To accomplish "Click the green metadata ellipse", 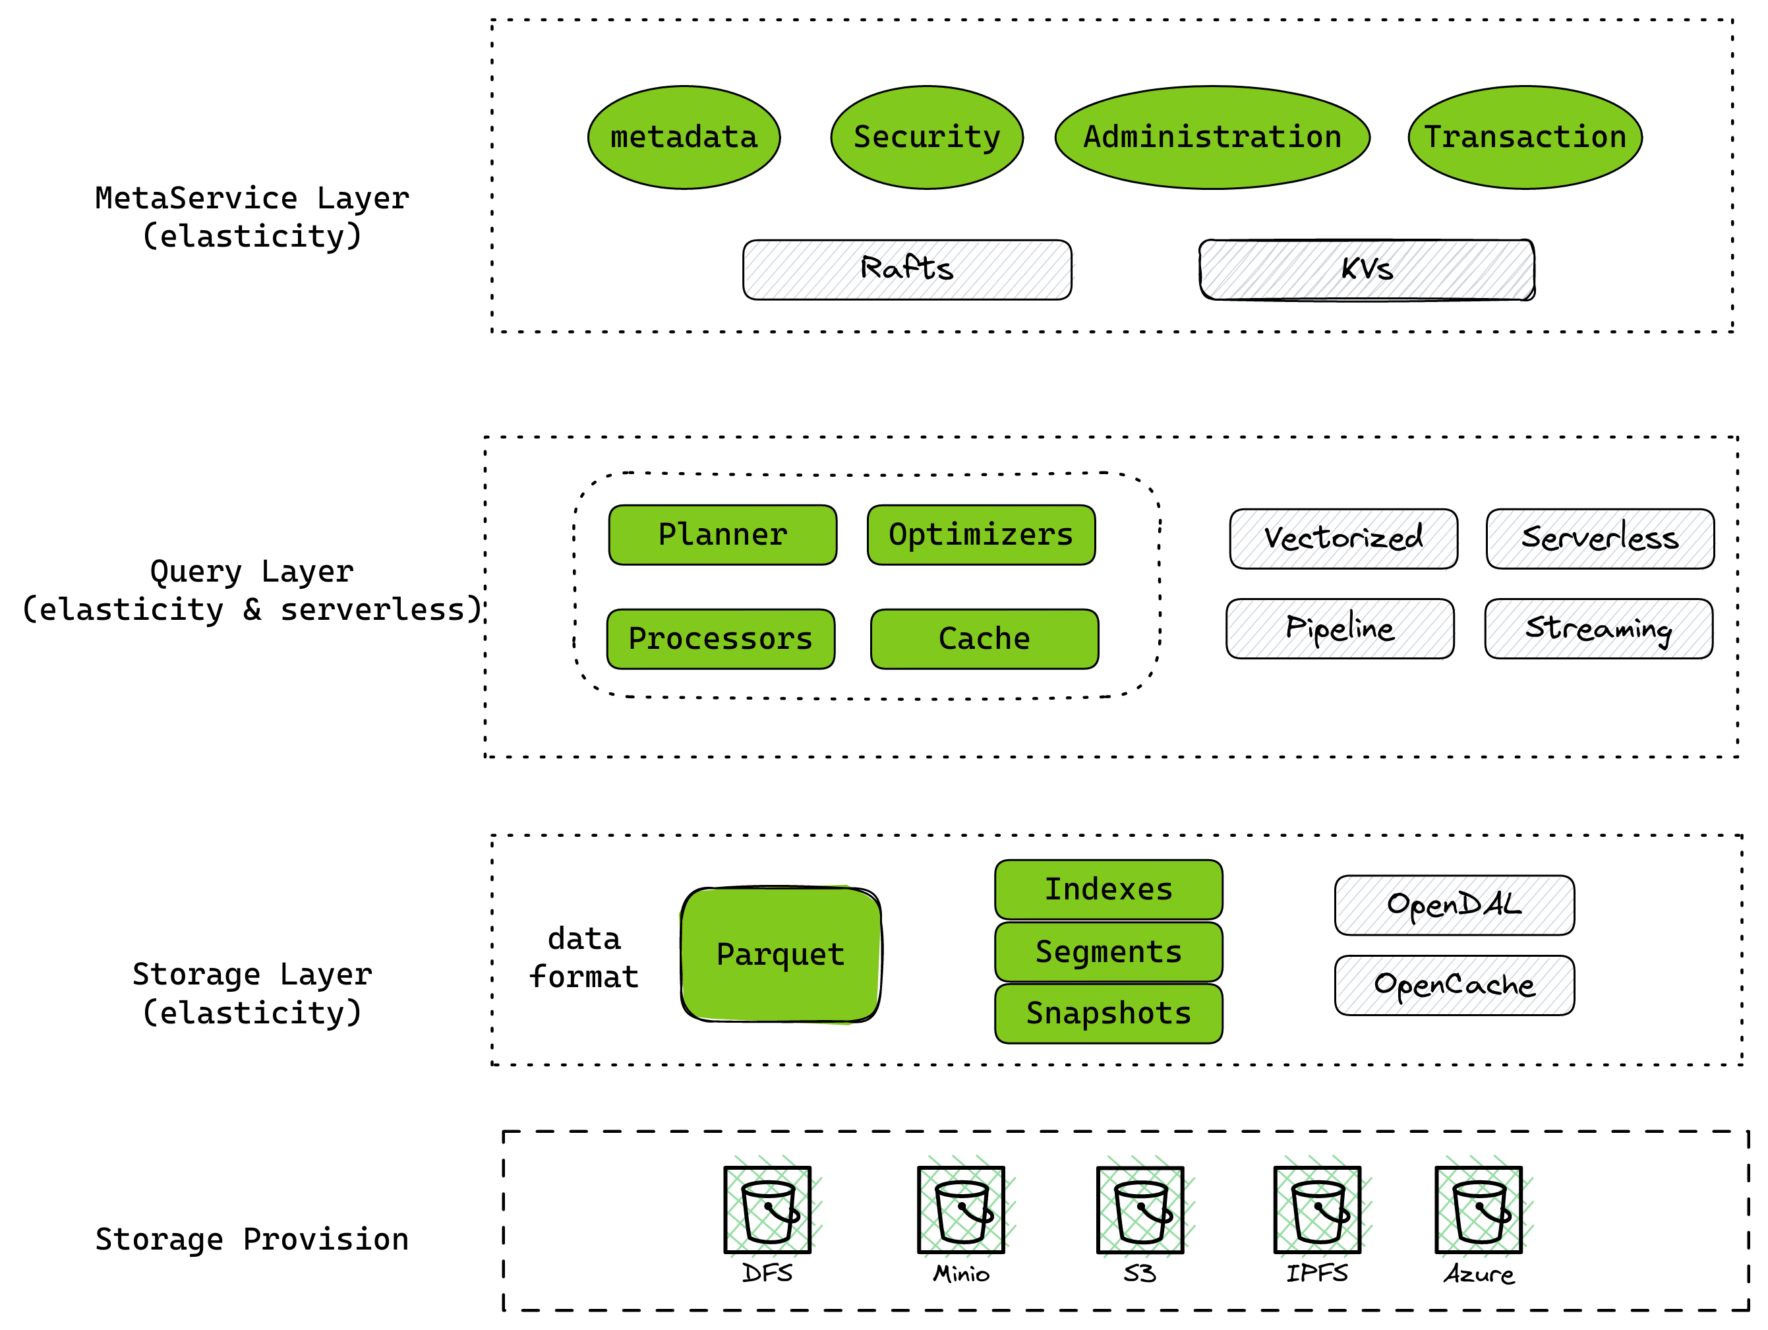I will point(684,137).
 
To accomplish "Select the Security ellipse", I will point(926,137).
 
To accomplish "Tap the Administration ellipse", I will point(1212,137).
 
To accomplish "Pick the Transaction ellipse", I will point(1524,137).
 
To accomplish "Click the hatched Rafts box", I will point(906,269).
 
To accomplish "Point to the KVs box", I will point(1366,269).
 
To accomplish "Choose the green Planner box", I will point(722,535).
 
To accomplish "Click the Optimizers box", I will point(981,535).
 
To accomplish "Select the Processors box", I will point(720,638).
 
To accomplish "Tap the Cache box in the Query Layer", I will point(984,638).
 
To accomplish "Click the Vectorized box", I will point(1343,539).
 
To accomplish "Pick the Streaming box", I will point(1598,628).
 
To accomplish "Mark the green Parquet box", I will point(780,953).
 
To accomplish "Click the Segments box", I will point(1107,951).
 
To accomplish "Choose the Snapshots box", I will point(1107,1013).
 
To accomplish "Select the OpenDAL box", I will point(1454,905).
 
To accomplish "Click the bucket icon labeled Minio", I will point(960,1209).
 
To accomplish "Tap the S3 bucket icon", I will point(1140,1209).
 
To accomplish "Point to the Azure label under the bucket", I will point(1478,1274).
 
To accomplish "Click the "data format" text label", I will point(584,957).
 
